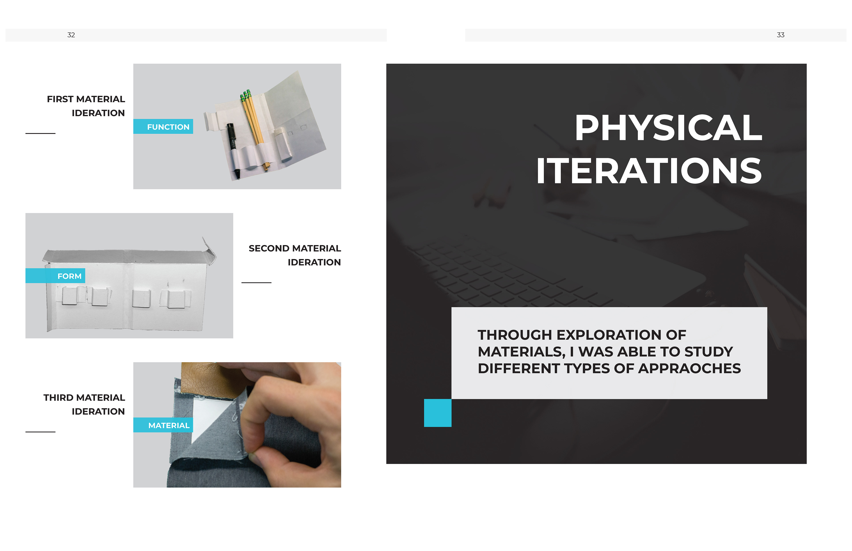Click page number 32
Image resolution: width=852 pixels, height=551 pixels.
pyautogui.click(x=71, y=35)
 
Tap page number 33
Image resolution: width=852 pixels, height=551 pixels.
pyautogui.click(x=780, y=35)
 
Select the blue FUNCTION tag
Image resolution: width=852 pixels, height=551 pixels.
pyautogui.click(x=163, y=126)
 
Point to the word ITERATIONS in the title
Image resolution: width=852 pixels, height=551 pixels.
pyautogui.click(x=649, y=171)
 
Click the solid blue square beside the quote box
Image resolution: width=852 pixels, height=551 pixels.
pyautogui.click(x=438, y=413)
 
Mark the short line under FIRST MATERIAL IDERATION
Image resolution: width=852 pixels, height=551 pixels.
pyautogui.click(x=40, y=133)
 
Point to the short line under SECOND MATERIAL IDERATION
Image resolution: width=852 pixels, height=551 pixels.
pyautogui.click(x=256, y=283)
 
